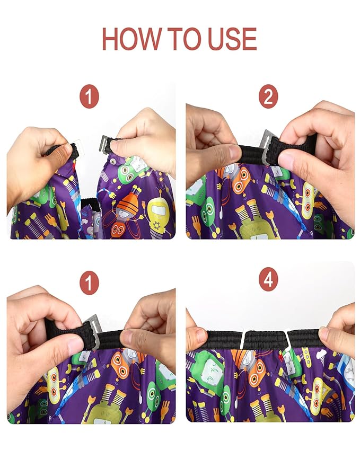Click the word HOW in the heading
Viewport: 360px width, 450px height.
[131, 39]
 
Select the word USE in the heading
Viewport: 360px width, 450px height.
[233, 39]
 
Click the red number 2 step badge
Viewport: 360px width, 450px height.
[268, 96]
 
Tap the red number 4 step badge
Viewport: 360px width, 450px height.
[268, 279]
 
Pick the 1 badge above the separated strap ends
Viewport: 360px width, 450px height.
[89, 96]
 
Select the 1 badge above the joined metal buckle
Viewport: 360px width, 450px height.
[89, 283]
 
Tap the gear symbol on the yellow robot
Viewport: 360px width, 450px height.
[157, 225]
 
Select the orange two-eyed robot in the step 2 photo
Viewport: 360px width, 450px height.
[241, 181]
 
